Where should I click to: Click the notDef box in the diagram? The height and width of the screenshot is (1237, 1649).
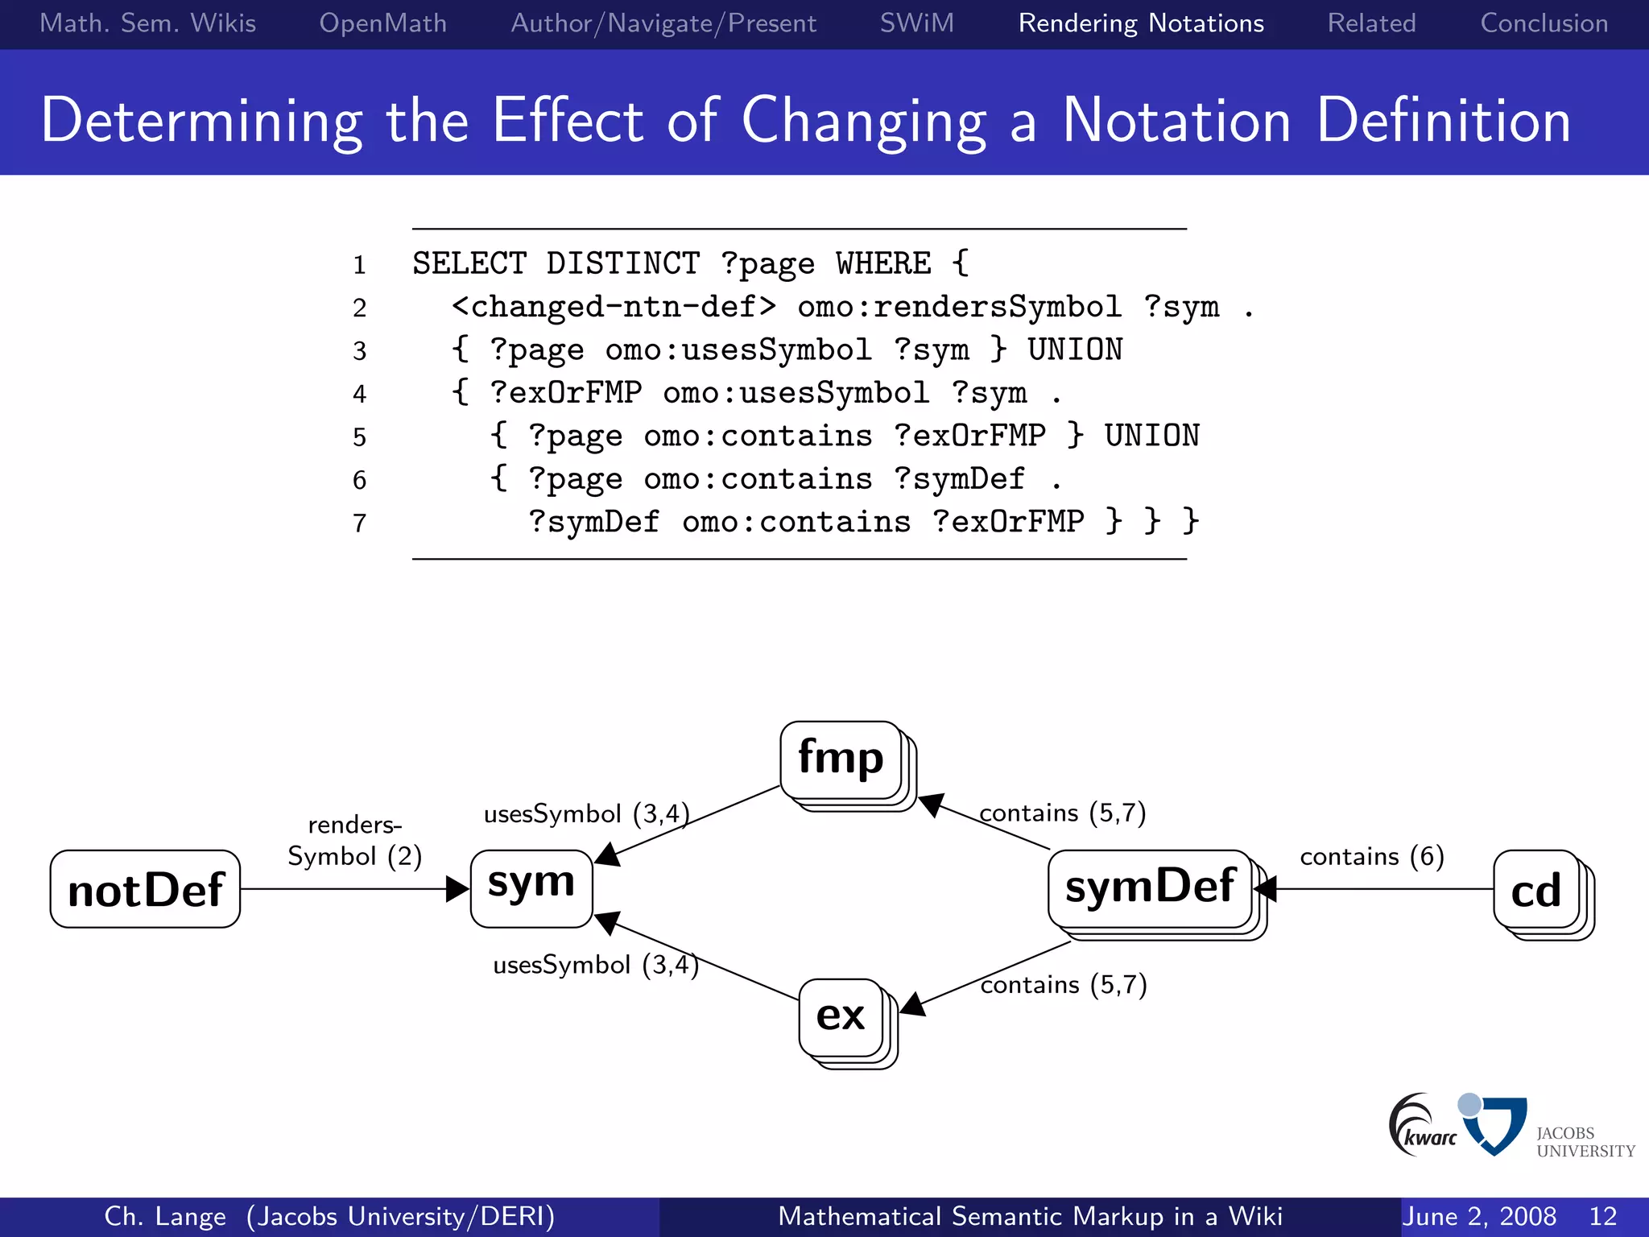coord(145,889)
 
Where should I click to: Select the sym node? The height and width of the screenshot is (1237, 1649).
coord(531,888)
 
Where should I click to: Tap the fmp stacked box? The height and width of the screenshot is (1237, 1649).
coord(841,760)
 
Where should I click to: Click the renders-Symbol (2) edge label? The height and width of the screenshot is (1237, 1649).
coord(354,841)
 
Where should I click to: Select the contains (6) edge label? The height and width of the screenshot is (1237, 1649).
coord(1371,856)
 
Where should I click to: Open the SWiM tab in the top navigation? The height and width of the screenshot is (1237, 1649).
coord(916,23)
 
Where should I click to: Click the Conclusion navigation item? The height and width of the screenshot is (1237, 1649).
coord(1544,23)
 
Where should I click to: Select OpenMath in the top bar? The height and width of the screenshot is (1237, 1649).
coord(382,23)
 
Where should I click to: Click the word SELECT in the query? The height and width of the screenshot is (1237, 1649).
coord(469,263)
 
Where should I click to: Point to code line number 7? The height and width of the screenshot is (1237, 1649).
coord(359,523)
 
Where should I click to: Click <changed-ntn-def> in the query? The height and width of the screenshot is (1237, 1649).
coord(614,307)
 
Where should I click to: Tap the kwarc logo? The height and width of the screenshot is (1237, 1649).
coord(1421,1125)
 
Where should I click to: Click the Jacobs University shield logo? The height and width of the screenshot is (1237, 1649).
coord(1495,1124)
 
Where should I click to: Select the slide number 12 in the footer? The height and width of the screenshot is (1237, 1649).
coord(1602,1216)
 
